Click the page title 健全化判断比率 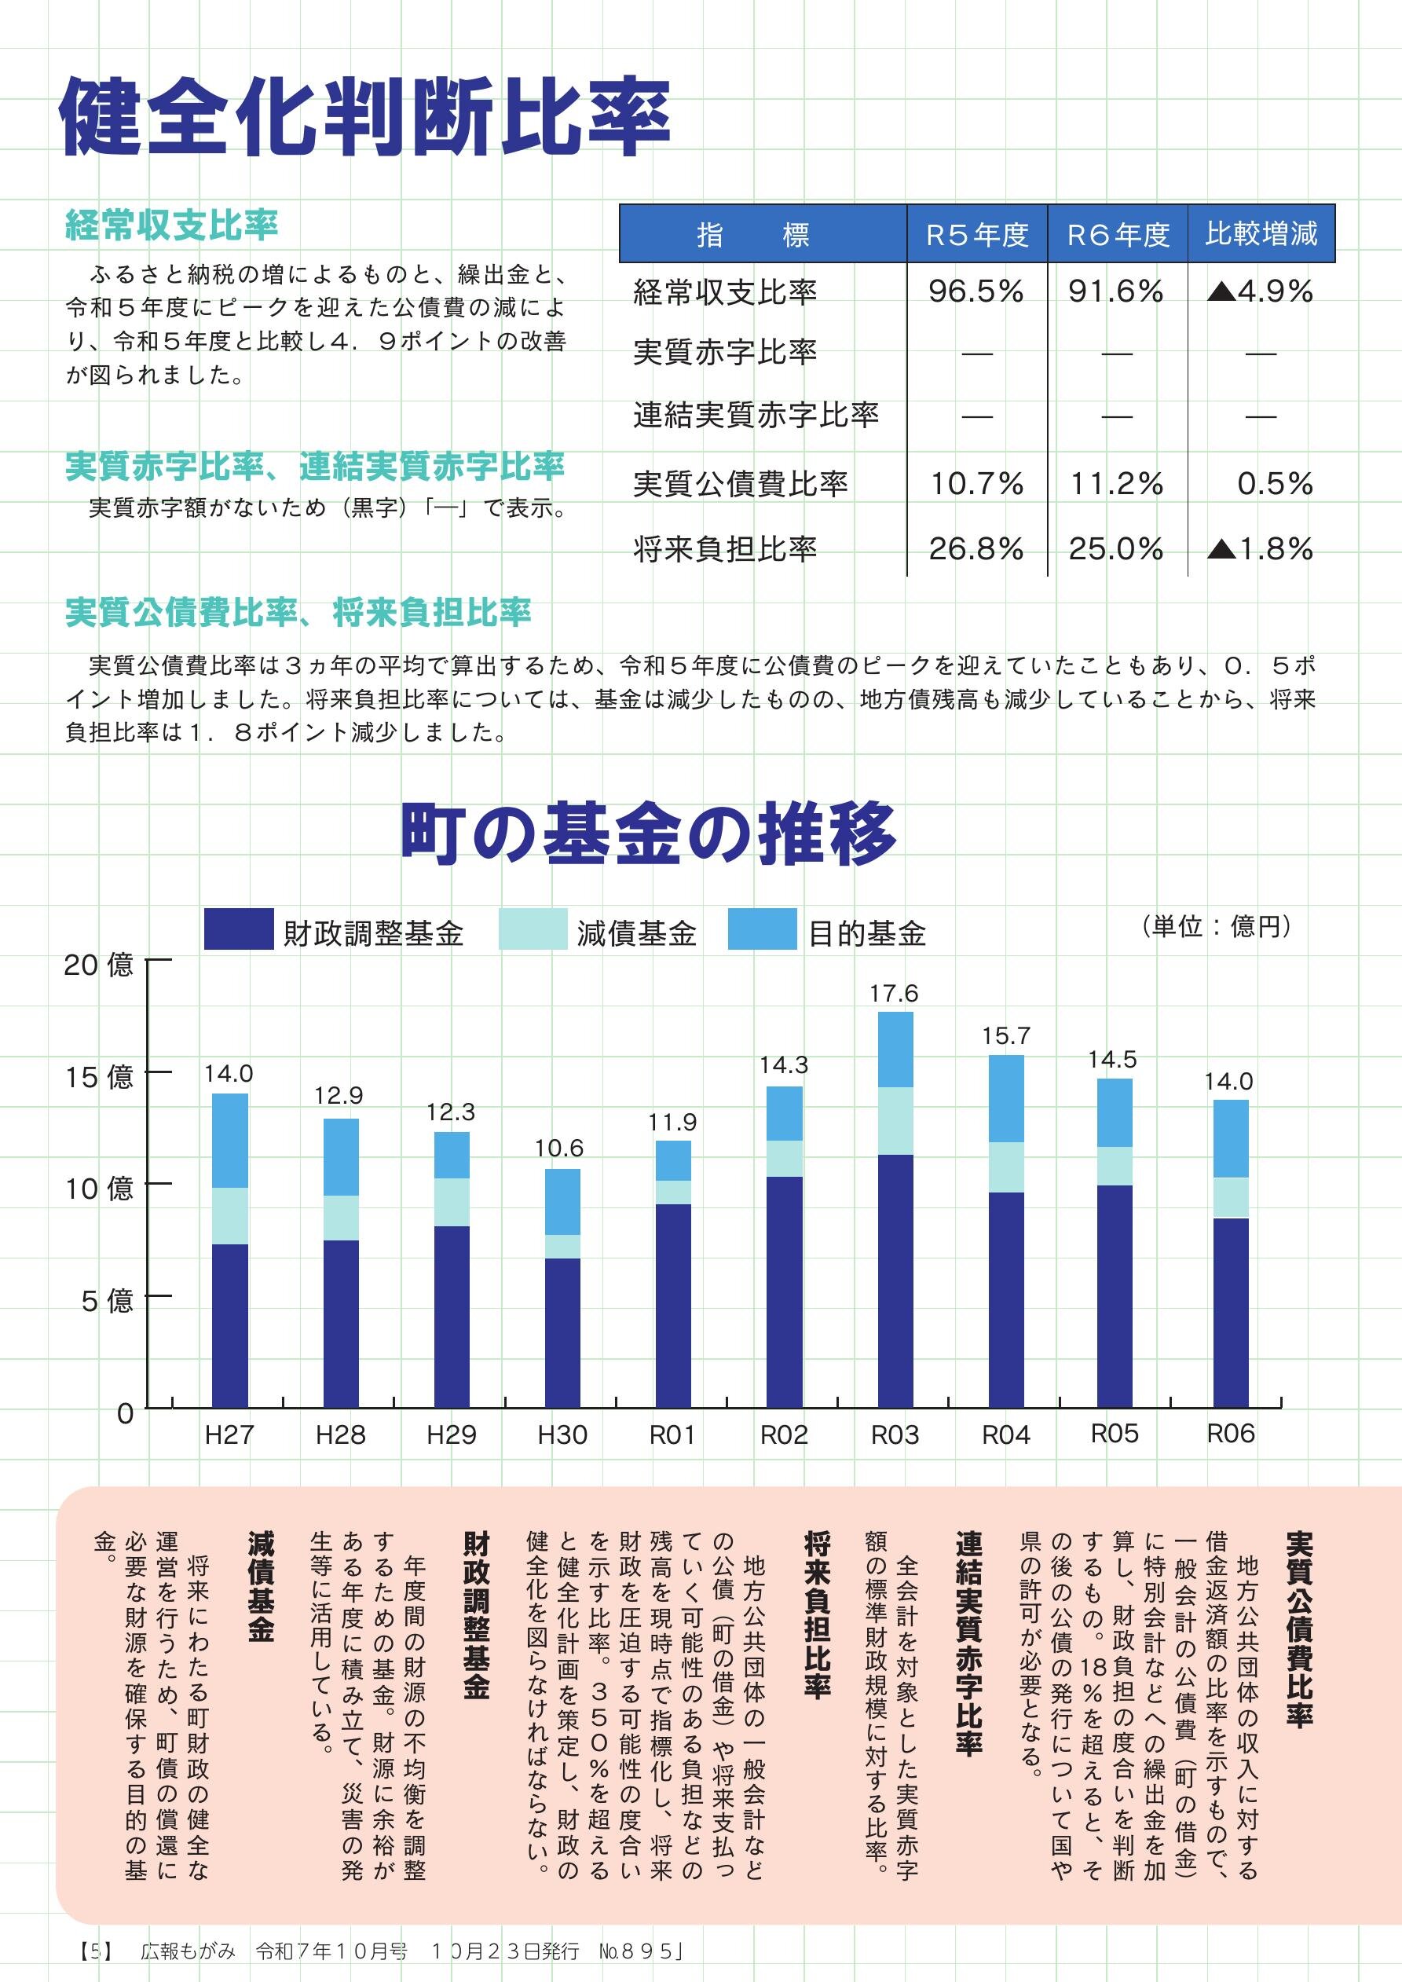(364, 116)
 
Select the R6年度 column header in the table (1118, 234)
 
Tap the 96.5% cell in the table (976, 291)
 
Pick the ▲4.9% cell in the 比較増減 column (1261, 291)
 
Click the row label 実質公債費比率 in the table (740, 484)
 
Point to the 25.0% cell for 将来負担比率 (1115, 549)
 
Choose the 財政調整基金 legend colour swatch (238, 929)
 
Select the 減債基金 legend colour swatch (533, 929)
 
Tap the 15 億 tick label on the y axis (99, 1076)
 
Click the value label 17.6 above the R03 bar (894, 994)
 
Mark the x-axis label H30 (562, 1434)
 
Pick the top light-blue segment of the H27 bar (229, 1141)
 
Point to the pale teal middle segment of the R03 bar (895, 1120)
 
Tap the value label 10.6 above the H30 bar (558, 1148)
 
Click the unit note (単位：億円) (1216, 926)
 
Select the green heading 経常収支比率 (172, 225)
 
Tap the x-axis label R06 (1230, 1434)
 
